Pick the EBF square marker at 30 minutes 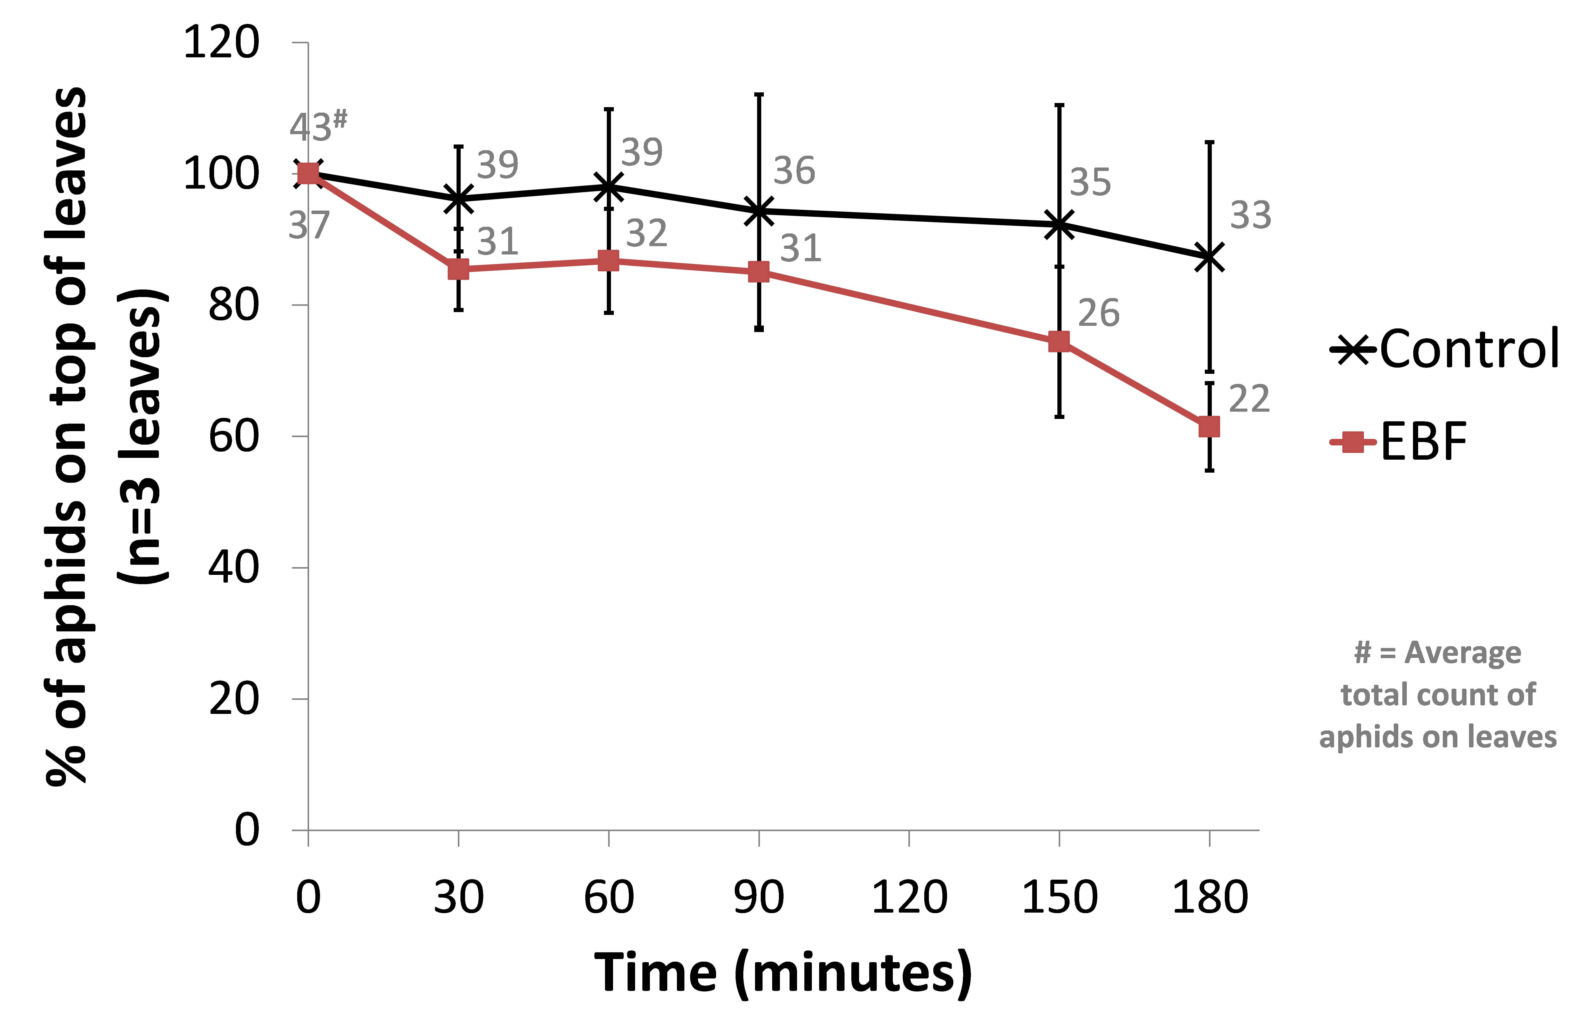tap(458, 270)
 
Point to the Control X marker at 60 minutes tap(608, 187)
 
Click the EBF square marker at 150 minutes tap(1059, 341)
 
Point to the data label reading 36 tap(794, 171)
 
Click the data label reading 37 tap(309, 226)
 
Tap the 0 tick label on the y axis tap(246, 830)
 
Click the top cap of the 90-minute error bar tap(759, 94)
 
